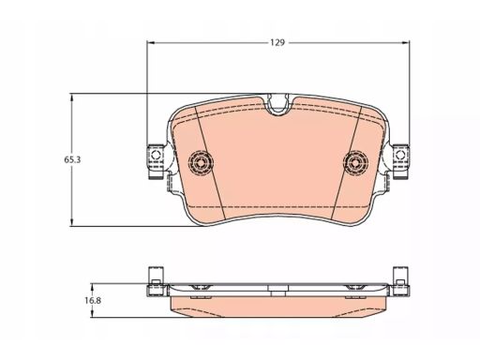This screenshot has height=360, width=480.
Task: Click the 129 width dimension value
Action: click(x=277, y=42)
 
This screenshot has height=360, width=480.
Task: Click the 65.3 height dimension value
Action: click(x=72, y=159)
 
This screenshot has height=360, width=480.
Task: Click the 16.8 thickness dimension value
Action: click(x=93, y=301)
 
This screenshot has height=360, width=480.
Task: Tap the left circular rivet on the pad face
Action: click(x=201, y=162)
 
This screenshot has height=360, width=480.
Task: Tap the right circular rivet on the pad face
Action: click(x=355, y=162)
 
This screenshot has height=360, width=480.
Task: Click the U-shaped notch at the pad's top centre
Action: click(x=278, y=106)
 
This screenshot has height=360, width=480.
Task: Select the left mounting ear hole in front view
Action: click(x=156, y=155)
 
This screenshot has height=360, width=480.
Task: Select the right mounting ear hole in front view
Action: click(x=400, y=155)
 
